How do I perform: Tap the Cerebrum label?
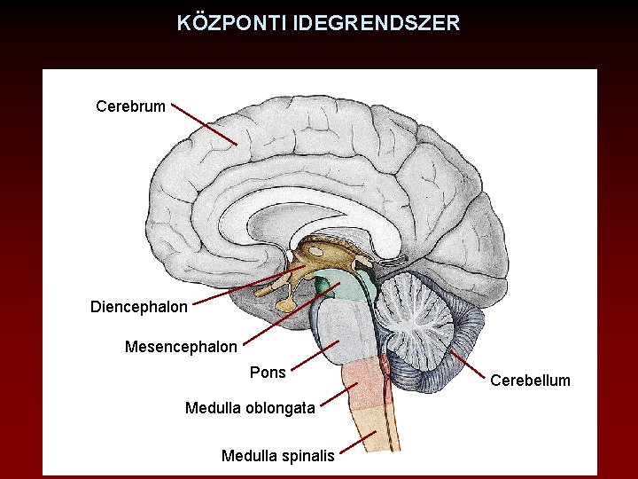point(130,107)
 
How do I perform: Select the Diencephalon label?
point(139,308)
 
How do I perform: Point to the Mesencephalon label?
point(181,347)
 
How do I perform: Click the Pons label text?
point(268,373)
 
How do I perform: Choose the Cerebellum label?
point(531,381)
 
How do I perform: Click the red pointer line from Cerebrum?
point(205,124)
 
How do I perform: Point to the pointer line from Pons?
point(315,354)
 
